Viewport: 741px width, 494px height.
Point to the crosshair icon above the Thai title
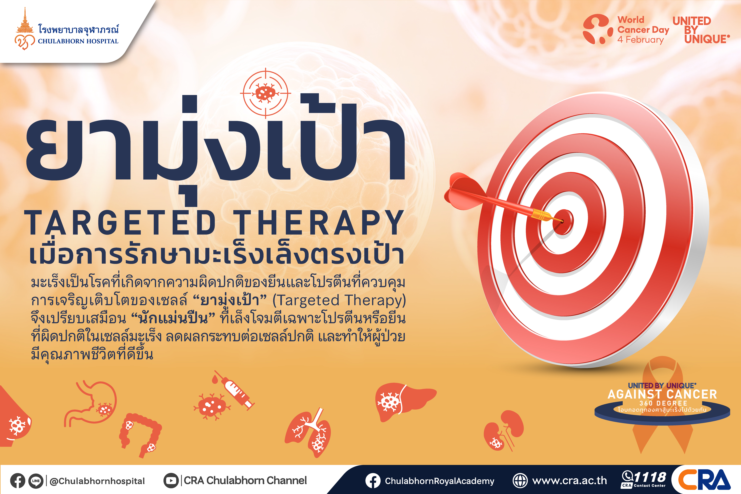[265, 93]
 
